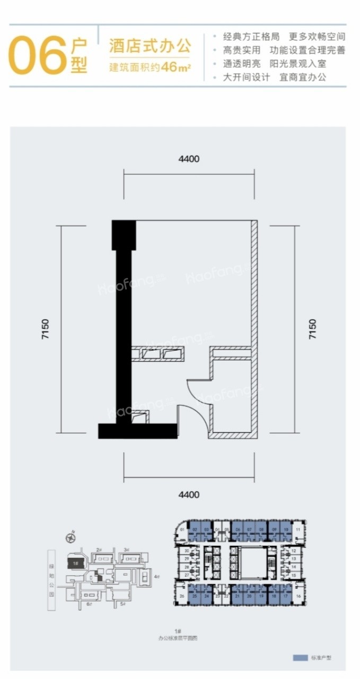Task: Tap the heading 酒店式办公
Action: pos(150,46)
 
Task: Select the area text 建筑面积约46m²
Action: pos(150,67)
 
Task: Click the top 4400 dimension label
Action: pos(189,159)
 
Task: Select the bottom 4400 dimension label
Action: pos(189,494)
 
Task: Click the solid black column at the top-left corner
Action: pos(124,235)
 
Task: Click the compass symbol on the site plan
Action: pos(70,538)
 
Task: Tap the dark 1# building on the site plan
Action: pos(76,562)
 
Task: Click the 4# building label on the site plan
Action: pos(156,576)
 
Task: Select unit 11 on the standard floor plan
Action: pos(298,530)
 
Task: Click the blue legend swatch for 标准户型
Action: pos(301,658)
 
